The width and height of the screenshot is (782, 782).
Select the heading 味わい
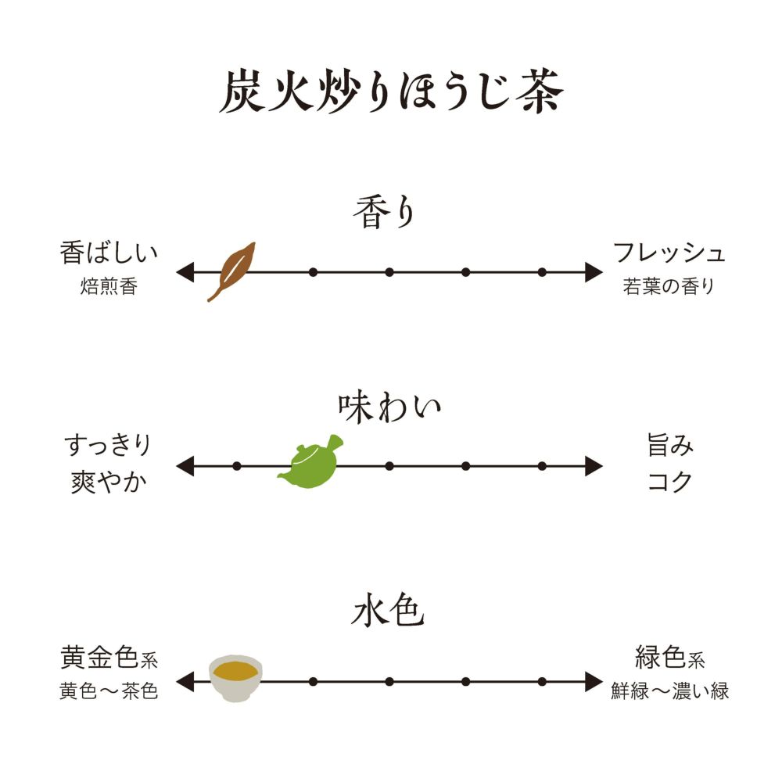coord(389,407)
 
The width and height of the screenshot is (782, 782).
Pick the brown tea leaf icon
coord(231,270)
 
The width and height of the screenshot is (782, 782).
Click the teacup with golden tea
coord(236,677)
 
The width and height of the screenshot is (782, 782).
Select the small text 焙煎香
coord(109,287)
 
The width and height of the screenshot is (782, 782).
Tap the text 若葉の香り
coord(669,287)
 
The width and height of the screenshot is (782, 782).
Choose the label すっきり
coord(108,447)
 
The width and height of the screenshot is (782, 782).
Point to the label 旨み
coord(670,447)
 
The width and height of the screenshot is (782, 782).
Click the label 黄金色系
coord(109,658)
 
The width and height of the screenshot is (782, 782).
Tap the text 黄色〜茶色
coord(109,692)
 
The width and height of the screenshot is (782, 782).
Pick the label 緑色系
coord(670,658)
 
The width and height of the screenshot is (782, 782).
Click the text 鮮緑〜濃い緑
coord(670,692)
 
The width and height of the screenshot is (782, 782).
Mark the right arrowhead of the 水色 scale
coord(594,681)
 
